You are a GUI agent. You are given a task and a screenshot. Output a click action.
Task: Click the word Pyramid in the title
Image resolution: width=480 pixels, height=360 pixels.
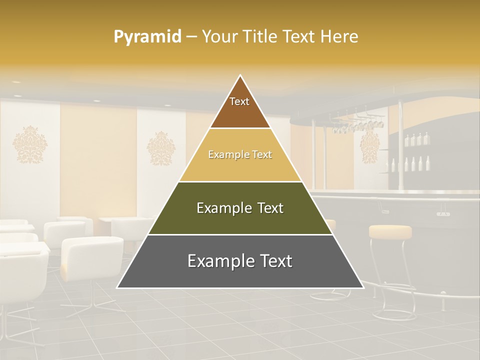pos(147,37)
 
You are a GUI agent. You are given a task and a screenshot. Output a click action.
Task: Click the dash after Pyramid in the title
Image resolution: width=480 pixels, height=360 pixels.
pos(191,37)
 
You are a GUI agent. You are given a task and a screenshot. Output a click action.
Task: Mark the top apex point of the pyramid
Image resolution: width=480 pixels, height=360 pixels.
pos(240,75)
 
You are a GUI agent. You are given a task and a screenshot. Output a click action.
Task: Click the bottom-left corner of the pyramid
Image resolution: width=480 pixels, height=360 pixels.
pos(117,287)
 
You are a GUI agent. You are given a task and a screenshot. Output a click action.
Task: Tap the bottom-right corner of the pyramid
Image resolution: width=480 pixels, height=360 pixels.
pos(363,287)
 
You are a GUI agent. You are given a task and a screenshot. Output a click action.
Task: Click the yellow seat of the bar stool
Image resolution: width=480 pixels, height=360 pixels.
pos(390,231)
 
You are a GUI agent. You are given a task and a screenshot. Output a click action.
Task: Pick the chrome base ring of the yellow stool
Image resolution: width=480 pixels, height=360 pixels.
pos(395,312)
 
